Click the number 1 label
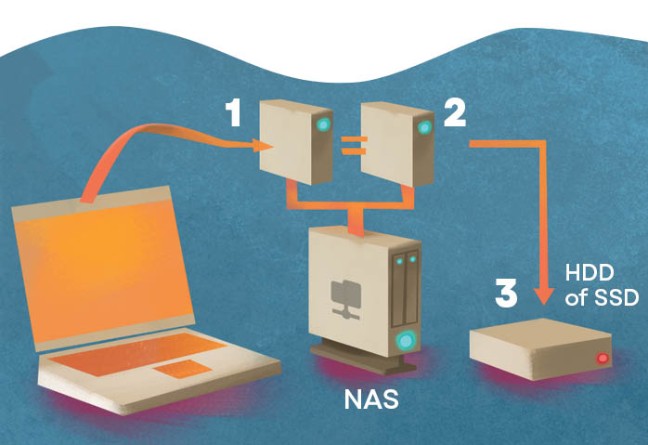[x=234, y=114]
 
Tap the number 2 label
[x=456, y=114]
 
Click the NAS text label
[x=372, y=401]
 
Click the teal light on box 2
[x=425, y=125]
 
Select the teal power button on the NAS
[x=405, y=340]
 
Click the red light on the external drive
[x=603, y=358]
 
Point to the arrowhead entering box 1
[x=263, y=145]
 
